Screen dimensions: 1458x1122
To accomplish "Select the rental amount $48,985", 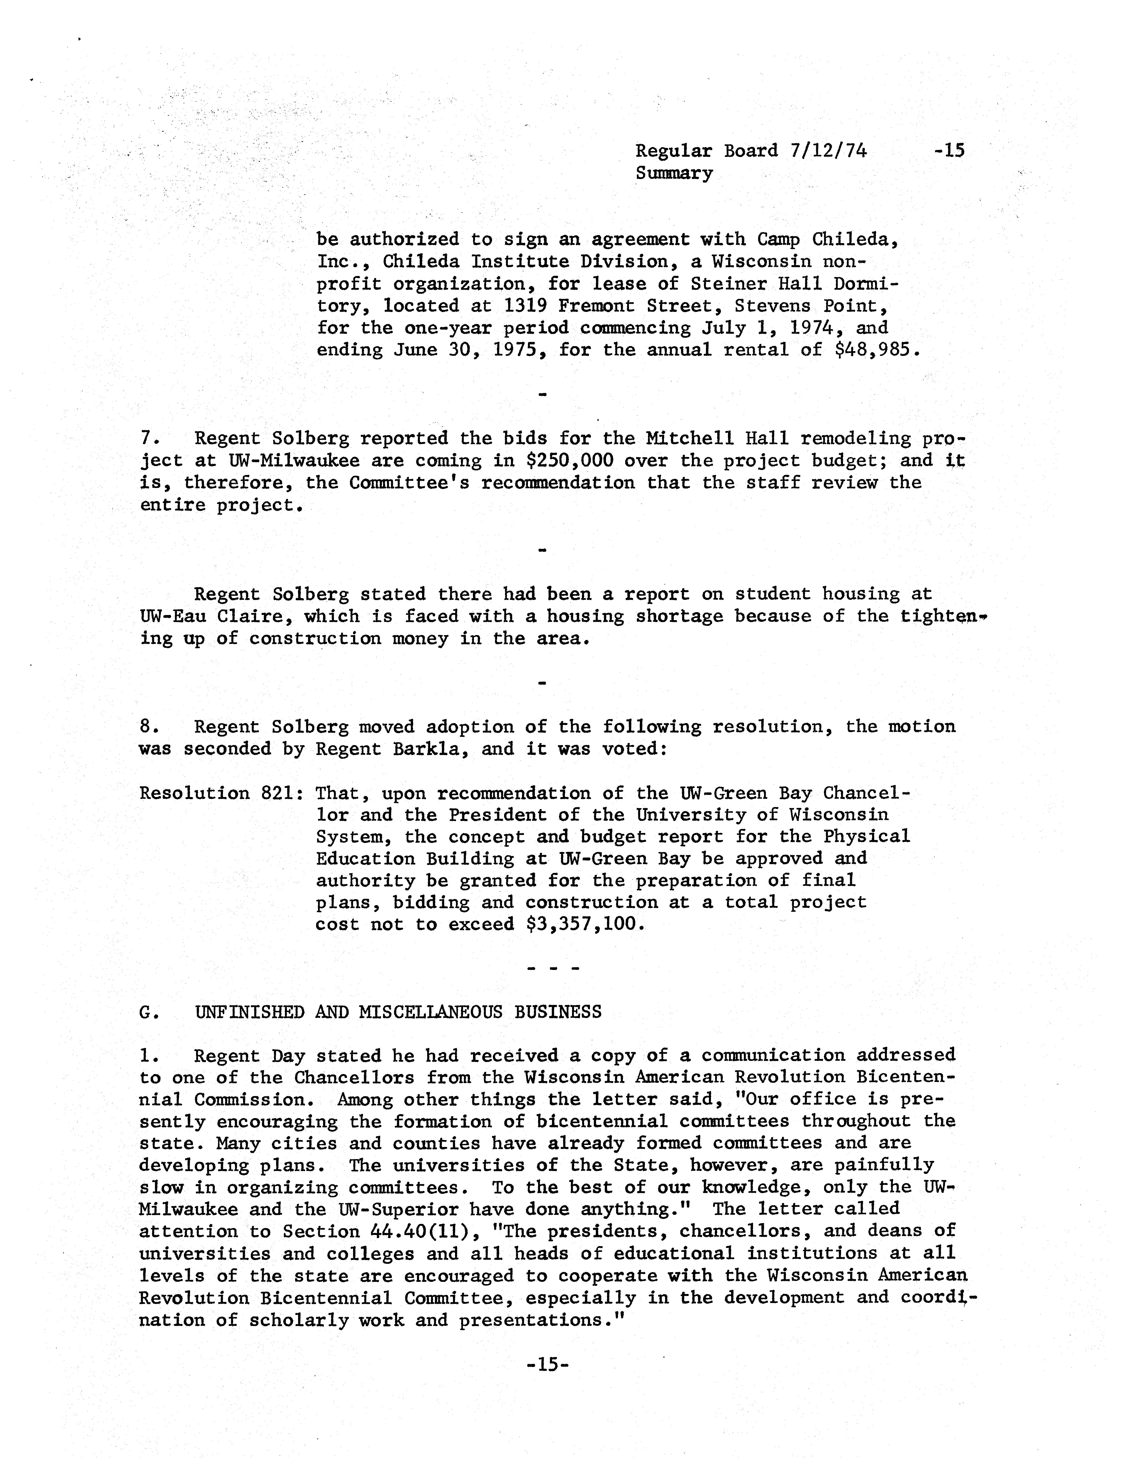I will point(872,350).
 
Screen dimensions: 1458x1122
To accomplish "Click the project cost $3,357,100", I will point(586,925).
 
